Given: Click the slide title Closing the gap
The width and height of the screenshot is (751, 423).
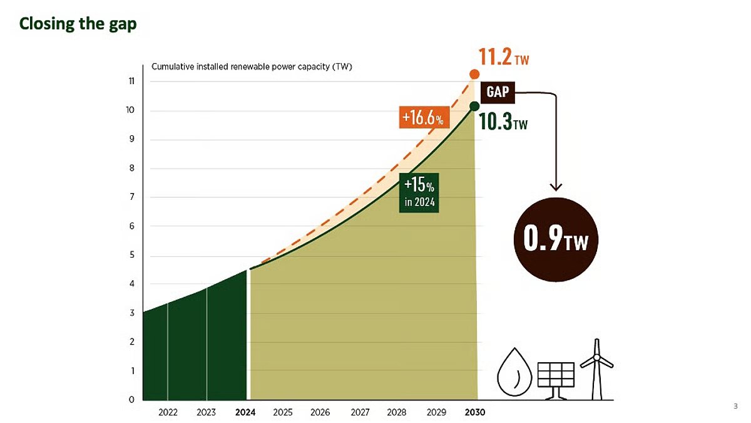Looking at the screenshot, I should coord(78,24).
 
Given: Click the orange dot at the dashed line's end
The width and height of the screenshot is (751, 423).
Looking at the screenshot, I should coord(474,75).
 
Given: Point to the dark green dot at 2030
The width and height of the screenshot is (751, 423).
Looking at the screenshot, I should coord(474,105).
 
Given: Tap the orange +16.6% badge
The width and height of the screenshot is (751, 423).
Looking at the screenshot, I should coord(424,117).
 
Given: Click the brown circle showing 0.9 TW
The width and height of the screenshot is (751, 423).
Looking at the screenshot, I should coord(555,240).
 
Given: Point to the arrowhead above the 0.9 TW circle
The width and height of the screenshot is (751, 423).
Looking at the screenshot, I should coord(555,186).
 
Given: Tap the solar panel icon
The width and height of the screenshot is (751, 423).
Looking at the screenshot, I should coord(556,377).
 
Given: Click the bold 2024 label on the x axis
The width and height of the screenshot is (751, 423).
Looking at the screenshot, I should coord(246,412).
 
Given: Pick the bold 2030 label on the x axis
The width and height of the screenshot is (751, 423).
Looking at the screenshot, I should coord(474,412).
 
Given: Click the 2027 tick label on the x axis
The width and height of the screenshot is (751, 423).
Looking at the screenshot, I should coord(360,412).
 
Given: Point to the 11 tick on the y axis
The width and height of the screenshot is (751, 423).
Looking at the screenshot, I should coord(133,81).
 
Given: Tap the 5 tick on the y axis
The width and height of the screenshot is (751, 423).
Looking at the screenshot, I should coord(133,255).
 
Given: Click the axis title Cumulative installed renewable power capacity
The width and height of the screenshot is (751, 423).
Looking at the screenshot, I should coord(252,67).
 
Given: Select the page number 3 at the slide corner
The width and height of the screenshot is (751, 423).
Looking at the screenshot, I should coord(735,407).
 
